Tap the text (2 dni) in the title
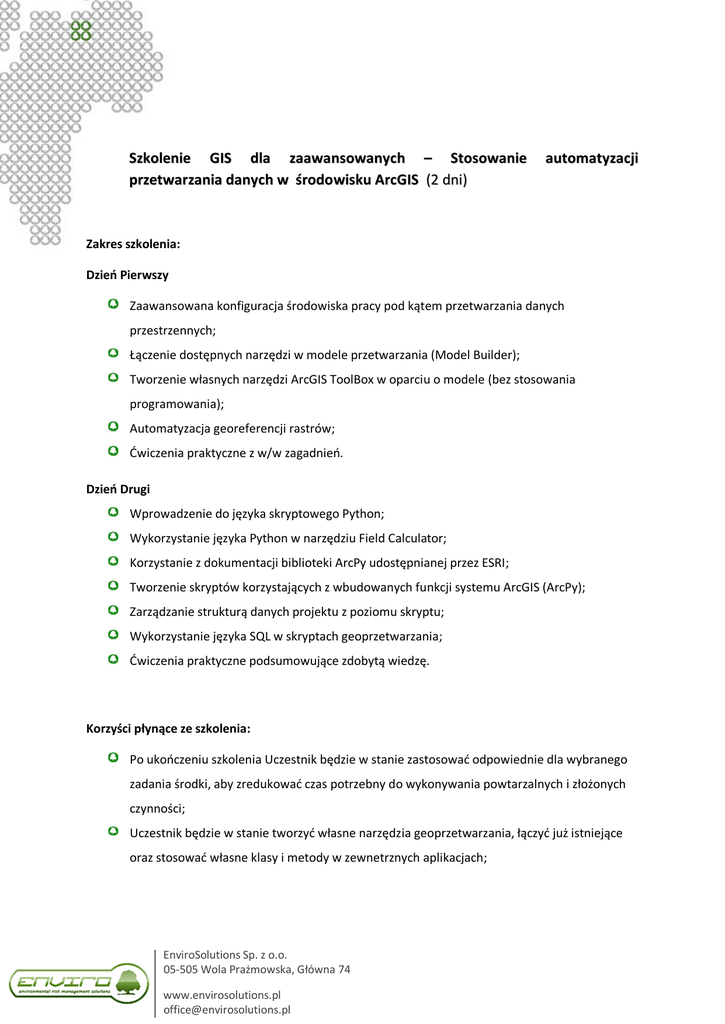447,181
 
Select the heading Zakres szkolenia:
133,243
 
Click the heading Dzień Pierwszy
127,274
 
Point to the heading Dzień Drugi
118,489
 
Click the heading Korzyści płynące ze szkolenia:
168,727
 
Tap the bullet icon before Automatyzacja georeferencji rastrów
113,427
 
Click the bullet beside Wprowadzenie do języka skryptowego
113,513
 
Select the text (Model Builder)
474,354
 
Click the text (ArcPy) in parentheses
562,587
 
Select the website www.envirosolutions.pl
222,995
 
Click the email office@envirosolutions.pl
227,1010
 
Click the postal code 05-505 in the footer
182,969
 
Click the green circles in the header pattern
81,30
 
